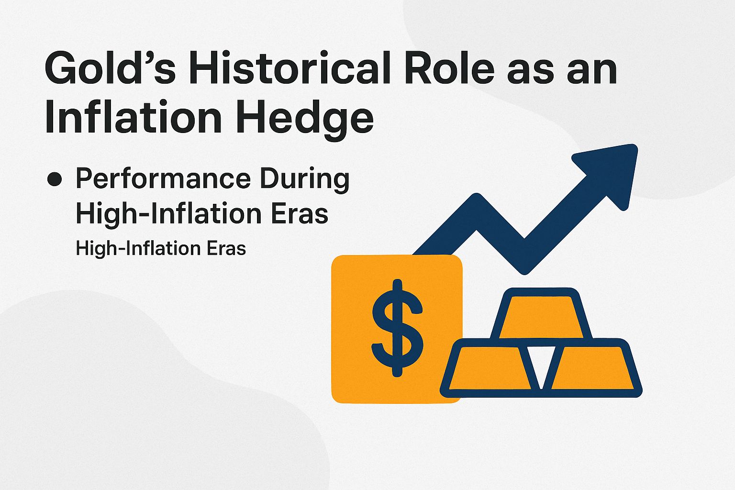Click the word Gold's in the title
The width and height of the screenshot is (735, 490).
110,70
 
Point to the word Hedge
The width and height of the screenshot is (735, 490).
303,118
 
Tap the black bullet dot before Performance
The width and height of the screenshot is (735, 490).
55,179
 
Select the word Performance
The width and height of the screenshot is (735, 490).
163,179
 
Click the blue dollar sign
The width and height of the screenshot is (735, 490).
397,328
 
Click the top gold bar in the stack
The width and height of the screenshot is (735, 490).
541,316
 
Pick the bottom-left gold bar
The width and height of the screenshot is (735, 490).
490,368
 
